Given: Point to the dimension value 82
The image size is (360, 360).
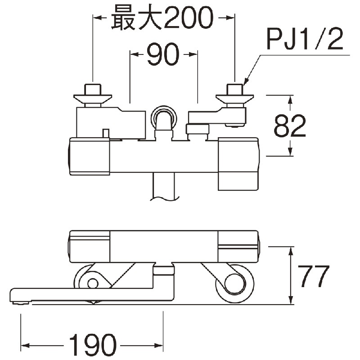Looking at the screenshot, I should [289, 126].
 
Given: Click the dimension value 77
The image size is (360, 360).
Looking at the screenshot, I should [313, 276].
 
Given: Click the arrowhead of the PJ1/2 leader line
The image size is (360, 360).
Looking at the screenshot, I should [246, 81].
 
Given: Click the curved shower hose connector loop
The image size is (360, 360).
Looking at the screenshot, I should [164, 117].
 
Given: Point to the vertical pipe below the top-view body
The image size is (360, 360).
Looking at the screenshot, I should [163, 187].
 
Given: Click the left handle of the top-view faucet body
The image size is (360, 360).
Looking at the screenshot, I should [89, 157].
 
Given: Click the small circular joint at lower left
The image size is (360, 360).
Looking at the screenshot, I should [93, 283].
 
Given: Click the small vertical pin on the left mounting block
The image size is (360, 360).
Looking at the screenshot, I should [106, 134].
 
